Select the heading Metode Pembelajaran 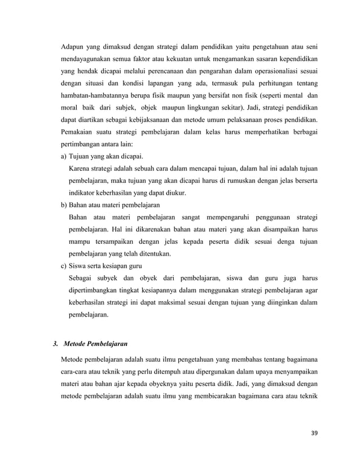tap(95, 343)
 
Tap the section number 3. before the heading tap(55, 343)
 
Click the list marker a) tap(64, 156)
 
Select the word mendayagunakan tap(90, 58)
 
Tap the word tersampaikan tap(113, 241)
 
